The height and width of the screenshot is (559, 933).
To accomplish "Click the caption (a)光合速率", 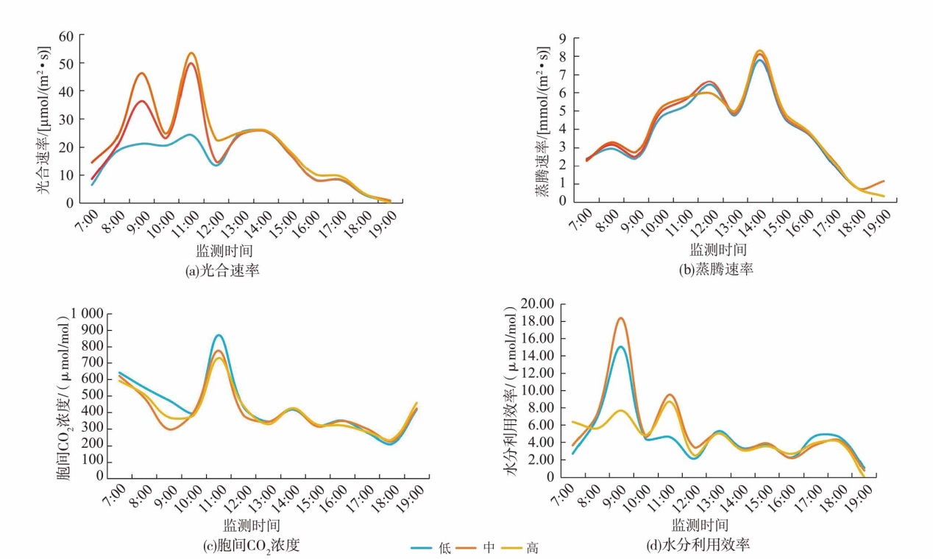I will click(224, 270).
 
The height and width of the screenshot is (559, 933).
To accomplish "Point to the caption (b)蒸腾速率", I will click(716, 270).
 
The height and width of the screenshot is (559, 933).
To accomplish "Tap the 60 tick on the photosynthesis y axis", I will click(66, 35).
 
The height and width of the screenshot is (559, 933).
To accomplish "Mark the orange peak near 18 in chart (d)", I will click(621, 318).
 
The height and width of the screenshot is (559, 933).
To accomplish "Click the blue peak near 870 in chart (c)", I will click(218, 335).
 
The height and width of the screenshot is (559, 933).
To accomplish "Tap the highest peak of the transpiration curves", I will click(759, 51).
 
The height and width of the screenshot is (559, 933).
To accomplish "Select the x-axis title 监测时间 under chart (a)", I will click(224, 250).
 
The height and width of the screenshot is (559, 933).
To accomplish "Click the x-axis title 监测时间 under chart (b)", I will click(718, 249).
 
